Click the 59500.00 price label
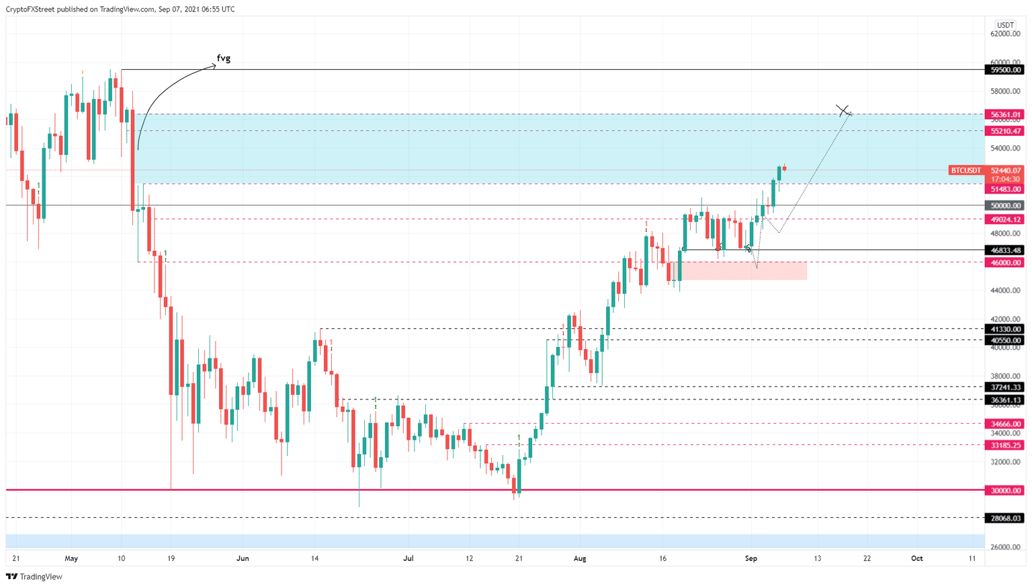(x=1005, y=70)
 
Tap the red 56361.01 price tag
(x=1005, y=115)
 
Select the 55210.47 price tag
(x=1005, y=131)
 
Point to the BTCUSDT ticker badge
(x=966, y=171)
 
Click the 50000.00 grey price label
(x=1005, y=206)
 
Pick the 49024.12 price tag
(x=1005, y=220)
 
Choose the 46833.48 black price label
(x=1005, y=250)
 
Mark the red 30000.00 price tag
(x=1005, y=491)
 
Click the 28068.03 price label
(x=1005, y=518)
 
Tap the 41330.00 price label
(x=1005, y=329)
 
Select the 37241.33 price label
(x=1005, y=387)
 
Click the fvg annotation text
(x=224, y=58)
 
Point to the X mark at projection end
(x=843, y=110)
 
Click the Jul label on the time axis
(x=408, y=559)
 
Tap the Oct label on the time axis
(x=916, y=559)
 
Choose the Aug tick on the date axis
(x=580, y=559)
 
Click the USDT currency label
(x=1005, y=26)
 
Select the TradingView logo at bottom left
(x=34, y=576)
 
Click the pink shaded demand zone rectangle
(x=742, y=271)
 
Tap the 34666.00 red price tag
(x=1005, y=424)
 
